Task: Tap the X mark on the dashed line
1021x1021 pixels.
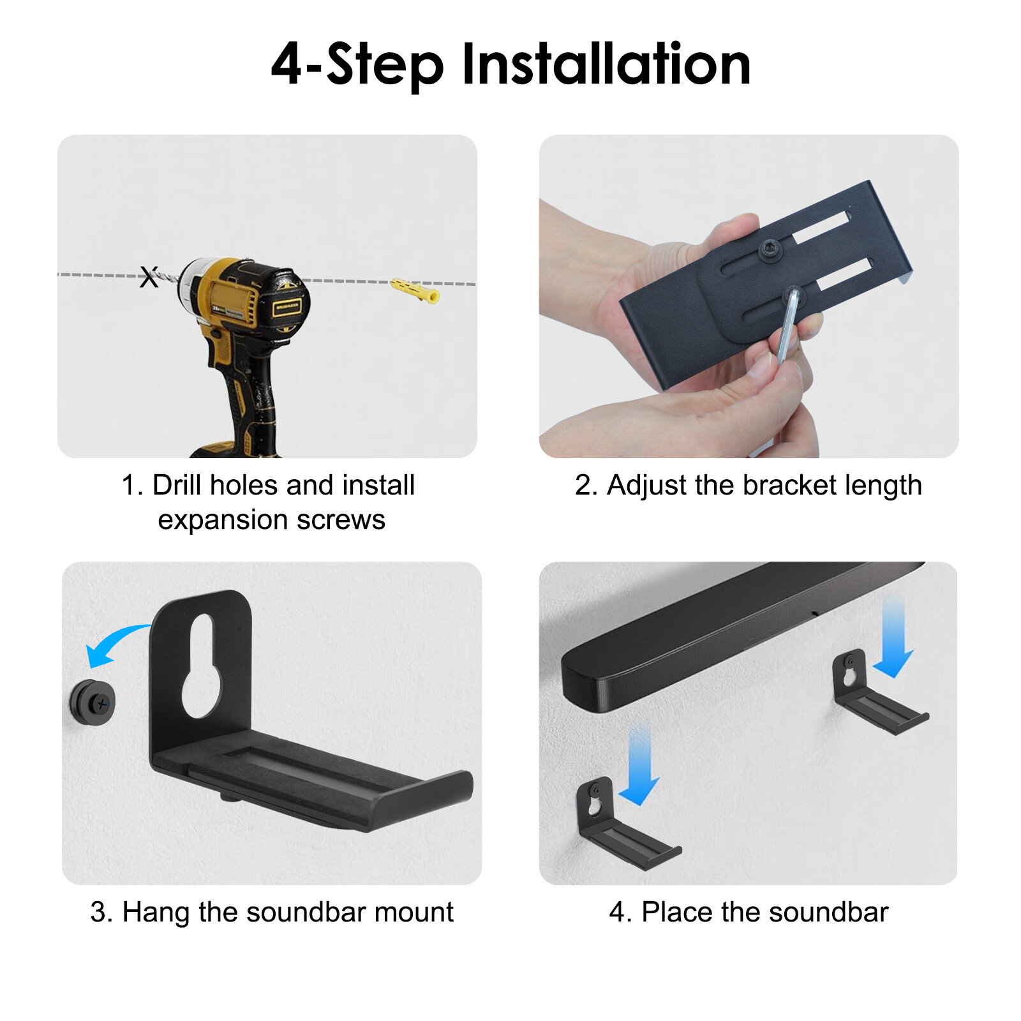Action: (x=149, y=278)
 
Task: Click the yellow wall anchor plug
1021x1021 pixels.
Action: (x=415, y=290)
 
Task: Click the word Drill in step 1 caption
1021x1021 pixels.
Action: (x=178, y=486)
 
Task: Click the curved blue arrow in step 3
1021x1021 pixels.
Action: (x=115, y=643)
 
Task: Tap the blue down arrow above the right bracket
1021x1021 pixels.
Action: (x=893, y=638)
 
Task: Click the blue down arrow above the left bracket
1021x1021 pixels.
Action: (x=639, y=766)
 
